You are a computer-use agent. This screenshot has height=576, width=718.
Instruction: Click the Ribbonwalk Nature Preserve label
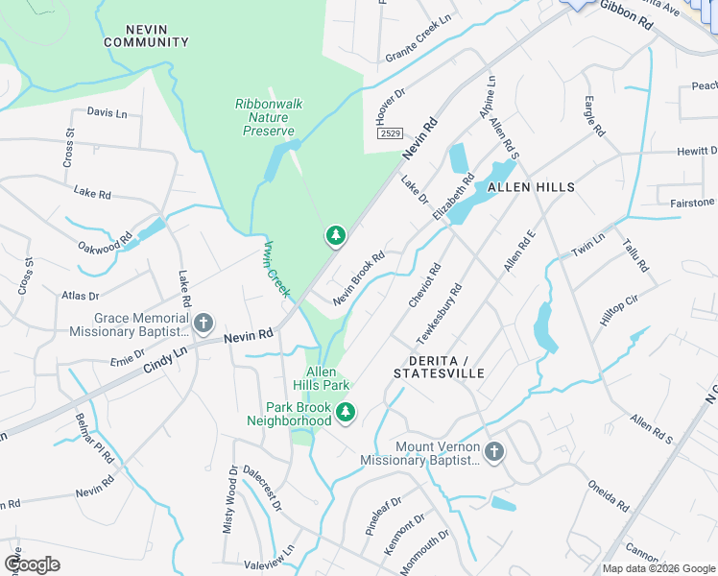coord(265,117)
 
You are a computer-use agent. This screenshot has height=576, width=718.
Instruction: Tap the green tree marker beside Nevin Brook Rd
coord(335,234)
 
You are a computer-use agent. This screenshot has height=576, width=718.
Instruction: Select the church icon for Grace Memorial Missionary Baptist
coord(203,324)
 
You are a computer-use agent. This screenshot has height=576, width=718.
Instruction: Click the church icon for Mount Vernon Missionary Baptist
coord(493,451)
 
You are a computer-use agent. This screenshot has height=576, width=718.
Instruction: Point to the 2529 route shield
coord(389,133)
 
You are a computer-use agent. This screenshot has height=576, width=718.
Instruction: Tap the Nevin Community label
coord(146,36)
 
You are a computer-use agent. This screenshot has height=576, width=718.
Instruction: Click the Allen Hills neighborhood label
coord(531,187)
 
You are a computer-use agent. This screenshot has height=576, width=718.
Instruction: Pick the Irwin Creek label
coord(276,267)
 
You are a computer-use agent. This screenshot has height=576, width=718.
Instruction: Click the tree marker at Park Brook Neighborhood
coord(346,414)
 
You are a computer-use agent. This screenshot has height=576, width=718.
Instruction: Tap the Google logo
coord(33,564)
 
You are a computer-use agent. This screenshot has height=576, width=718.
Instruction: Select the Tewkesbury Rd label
coord(441,313)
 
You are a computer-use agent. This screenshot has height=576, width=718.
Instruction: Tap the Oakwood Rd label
coord(106,241)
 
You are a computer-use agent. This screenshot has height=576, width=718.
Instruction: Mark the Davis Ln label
coord(107,112)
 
